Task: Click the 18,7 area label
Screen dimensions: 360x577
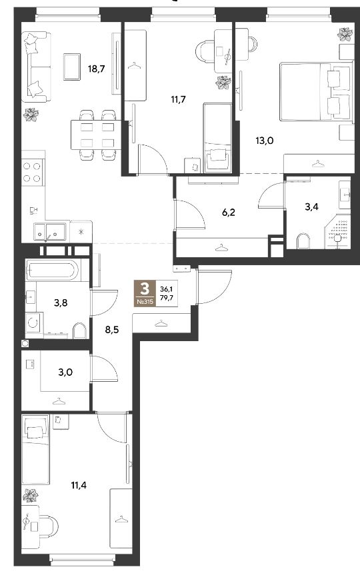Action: [x=97, y=69]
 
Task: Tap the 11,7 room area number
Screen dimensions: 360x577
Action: [x=178, y=99]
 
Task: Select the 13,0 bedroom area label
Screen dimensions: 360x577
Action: [x=265, y=140]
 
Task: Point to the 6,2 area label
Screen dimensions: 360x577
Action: [x=229, y=212]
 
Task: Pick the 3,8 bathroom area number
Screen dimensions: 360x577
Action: [x=61, y=303]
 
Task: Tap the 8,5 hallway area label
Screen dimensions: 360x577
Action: [x=112, y=330]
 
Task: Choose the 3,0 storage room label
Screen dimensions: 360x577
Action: [x=65, y=372]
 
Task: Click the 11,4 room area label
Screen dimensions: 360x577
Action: [x=79, y=485]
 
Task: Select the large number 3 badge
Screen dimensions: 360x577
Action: [x=146, y=288]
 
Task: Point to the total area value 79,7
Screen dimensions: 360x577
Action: [x=167, y=297]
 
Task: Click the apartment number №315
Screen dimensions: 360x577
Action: [x=146, y=302]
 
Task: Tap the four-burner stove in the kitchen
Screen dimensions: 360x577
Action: [x=32, y=173]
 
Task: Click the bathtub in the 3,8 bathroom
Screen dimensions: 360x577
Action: [x=52, y=271]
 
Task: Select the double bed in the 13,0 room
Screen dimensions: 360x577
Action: [x=315, y=92]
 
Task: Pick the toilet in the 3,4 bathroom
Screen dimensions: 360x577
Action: [x=303, y=241]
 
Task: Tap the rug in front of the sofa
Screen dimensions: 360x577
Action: [x=72, y=67]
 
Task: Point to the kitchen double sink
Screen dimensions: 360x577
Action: [x=49, y=231]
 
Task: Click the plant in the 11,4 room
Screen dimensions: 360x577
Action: [x=30, y=495]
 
